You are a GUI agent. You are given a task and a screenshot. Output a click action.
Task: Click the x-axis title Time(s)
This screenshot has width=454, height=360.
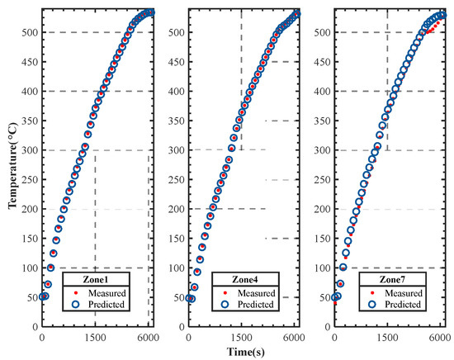(242, 352)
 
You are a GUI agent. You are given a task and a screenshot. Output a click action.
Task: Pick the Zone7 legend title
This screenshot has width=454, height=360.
(387, 279)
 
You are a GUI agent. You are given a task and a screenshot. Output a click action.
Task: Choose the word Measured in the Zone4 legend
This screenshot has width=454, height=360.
(250, 291)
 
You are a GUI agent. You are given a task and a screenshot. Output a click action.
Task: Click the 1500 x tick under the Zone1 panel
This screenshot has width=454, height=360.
(96, 339)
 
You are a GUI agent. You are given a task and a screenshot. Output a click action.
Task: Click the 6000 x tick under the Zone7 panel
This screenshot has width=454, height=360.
(441, 339)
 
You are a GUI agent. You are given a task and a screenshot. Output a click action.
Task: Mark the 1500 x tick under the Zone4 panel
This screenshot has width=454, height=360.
(241, 339)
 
